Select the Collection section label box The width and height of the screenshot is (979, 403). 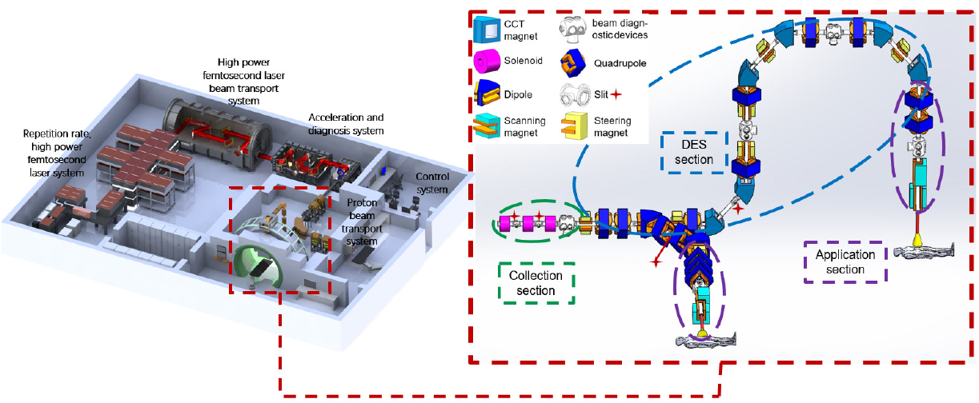(x=536, y=283)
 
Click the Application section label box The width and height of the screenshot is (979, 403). (x=845, y=262)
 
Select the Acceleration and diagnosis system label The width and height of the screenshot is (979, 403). (x=347, y=125)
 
